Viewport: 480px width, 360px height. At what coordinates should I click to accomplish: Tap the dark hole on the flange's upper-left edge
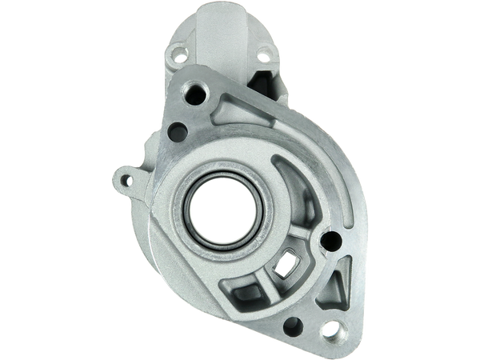[x=174, y=130]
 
